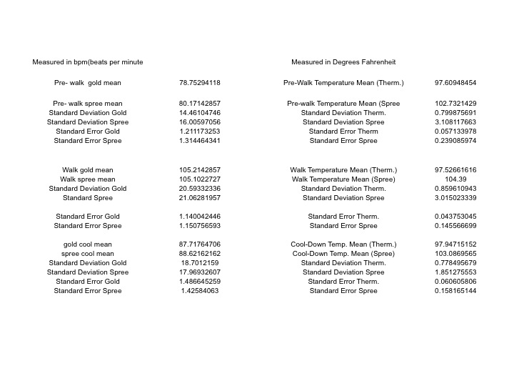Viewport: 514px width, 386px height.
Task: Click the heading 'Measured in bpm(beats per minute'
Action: (x=88, y=62)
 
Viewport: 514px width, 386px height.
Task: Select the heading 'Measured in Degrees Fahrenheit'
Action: (x=343, y=62)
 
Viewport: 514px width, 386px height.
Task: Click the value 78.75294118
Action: (x=200, y=83)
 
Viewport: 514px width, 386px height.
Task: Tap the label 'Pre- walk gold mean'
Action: (x=88, y=83)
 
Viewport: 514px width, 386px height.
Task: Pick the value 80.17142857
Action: (x=200, y=104)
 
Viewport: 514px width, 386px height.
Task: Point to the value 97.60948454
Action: (x=455, y=83)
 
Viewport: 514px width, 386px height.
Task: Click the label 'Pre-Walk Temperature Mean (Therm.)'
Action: (x=343, y=83)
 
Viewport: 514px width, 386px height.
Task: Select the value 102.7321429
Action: (x=455, y=104)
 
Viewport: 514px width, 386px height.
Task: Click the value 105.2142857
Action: (x=200, y=170)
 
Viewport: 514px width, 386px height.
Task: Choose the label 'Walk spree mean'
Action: (x=88, y=179)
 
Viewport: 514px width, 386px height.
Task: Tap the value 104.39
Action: (x=455, y=179)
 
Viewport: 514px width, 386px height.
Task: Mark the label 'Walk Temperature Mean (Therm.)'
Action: (x=343, y=170)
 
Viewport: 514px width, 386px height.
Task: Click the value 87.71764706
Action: (x=200, y=244)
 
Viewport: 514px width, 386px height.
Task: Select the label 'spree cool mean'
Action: (x=88, y=254)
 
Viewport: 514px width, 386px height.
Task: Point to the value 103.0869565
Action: (x=455, y=254)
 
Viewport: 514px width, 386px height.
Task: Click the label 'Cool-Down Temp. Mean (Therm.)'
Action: (x=343, y=244)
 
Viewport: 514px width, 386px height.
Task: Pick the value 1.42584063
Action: (x=200, y=291)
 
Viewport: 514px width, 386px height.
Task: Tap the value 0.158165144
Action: (x=455, y=291)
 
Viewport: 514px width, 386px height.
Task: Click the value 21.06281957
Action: (x=200, y=198)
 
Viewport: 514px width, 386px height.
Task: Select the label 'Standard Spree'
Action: (x=88, y=198)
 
